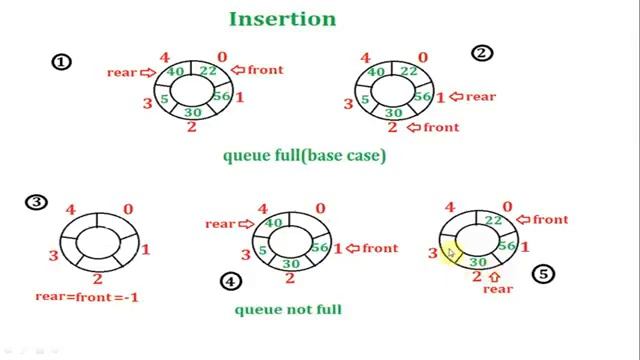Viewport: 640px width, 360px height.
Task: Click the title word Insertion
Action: click(283, 19)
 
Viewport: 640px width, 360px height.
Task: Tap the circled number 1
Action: click(62, 62)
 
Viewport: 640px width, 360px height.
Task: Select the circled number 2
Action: click(482, 53)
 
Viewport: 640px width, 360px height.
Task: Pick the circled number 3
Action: click(37, 203)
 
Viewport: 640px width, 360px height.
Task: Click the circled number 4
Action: click(231, 281)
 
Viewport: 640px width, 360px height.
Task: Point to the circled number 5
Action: click(543, 273)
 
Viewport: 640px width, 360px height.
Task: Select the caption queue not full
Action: click(288, 309)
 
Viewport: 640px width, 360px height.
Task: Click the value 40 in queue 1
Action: click(176, 72)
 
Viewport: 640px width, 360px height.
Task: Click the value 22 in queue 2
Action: click(409, 71)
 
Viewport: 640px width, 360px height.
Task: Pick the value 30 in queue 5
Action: click(477, 262)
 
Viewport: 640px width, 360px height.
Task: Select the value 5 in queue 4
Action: click(261, 249)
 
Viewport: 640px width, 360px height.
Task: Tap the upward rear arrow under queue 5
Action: click(493, 275)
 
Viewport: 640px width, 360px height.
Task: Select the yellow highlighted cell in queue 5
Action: click(450, 253)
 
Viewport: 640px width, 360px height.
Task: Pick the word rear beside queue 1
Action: click(122, 72)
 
